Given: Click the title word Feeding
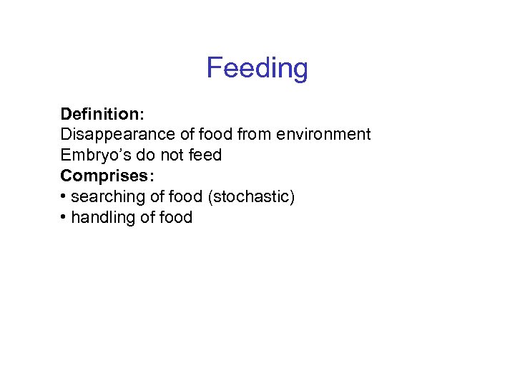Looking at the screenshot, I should click(257, 69).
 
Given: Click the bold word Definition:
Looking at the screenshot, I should click(102, 114).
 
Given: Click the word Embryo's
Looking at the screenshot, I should click(91, 156).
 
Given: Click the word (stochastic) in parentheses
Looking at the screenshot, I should click(250, 197).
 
